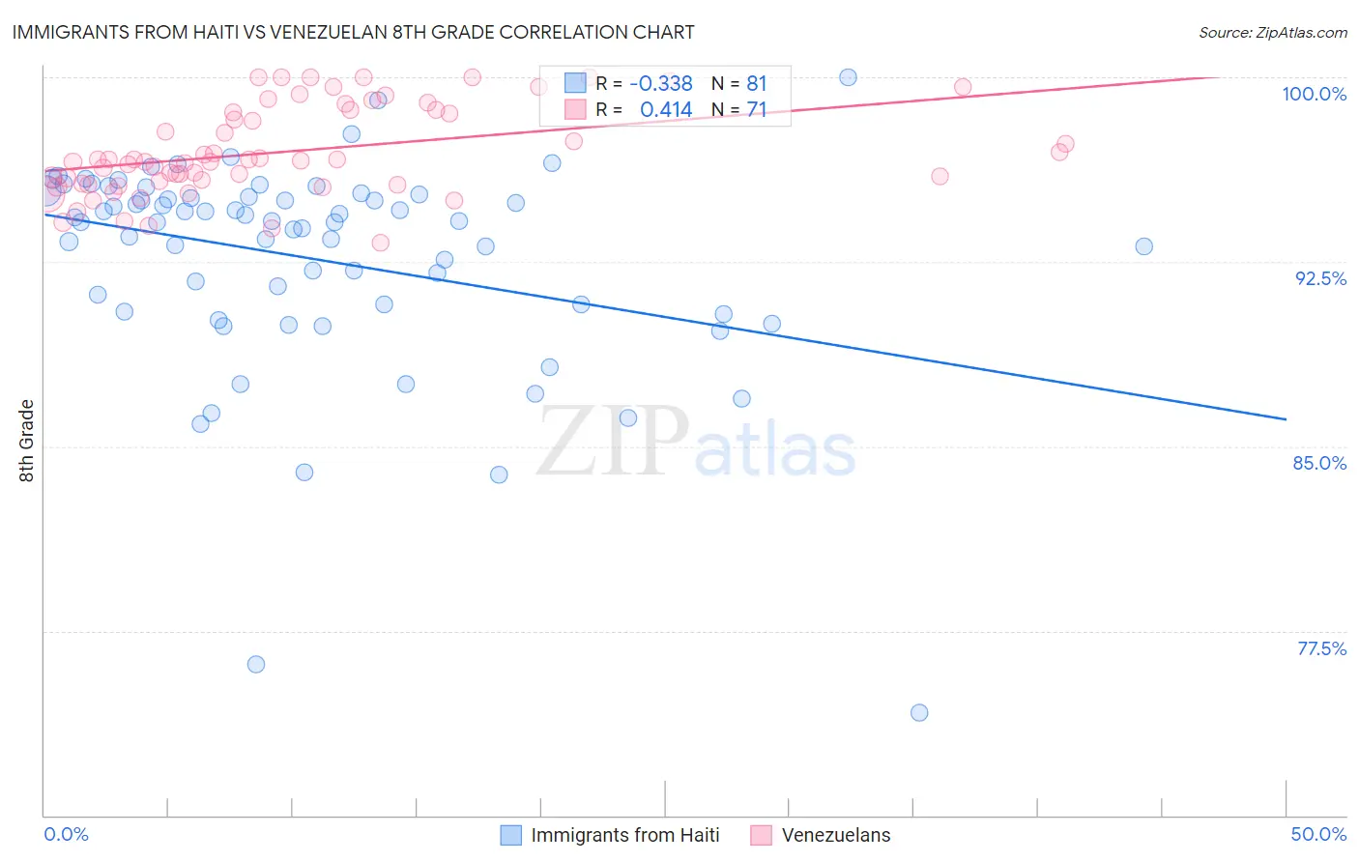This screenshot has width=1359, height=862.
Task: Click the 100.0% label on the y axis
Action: (1314, 94)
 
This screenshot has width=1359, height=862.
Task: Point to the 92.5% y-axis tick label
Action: (1320, 278)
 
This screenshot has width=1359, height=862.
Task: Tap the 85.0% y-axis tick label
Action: (1319, 463)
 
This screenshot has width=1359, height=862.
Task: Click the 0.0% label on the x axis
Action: (66, 834)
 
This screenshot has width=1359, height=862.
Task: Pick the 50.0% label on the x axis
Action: (1318, 834)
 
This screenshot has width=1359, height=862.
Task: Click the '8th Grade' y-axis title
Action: (26, 441)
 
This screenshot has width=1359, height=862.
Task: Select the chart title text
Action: (353, 32)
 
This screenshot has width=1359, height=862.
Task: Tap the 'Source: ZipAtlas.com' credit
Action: (1272, 33)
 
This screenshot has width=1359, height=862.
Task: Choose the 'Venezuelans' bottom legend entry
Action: (835, 835)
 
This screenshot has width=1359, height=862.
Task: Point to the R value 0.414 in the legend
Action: (666, 110)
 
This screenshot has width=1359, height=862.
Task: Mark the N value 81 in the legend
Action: (756, 84)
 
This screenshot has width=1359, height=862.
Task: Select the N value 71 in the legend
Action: (756, 110)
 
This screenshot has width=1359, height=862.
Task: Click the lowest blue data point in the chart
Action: (919, 713)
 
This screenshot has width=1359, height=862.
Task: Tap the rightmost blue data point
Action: (1143, 246)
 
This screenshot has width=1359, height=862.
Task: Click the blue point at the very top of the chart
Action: (848, 77)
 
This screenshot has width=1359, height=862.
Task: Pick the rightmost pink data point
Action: (1065, 144)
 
